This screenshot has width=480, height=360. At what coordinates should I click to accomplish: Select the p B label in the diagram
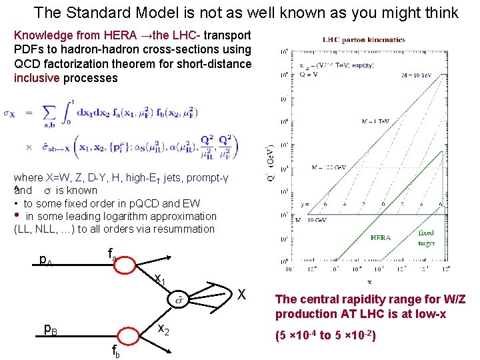[49, 327]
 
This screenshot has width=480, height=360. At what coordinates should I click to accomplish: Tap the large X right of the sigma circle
[243, 295]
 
